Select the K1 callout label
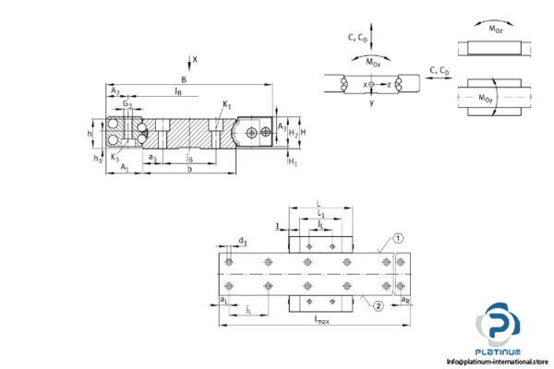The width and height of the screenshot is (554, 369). point(227,106)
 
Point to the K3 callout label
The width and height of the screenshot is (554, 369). point(114,157)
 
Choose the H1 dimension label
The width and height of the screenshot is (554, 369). point(293,162)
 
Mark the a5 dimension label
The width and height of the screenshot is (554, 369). point(152,158)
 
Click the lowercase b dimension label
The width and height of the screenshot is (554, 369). point(189,169)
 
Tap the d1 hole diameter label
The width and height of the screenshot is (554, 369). point(243,242)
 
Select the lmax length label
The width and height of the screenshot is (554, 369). point(321,320)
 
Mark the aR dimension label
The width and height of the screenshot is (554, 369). point(405,299)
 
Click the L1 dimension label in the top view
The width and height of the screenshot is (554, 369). point(319,213)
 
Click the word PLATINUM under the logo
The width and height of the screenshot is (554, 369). point(502,351)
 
